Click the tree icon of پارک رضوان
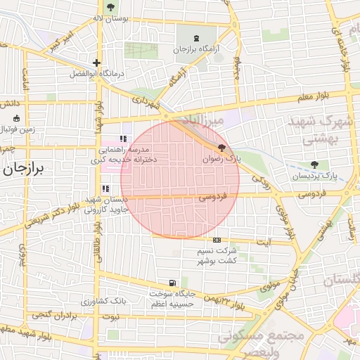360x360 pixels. [222, 148]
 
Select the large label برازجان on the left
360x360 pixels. [23, 169]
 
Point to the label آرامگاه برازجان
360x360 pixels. [193, 50]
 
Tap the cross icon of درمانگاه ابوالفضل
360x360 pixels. [97, 63]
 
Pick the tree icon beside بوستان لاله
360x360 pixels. [111, 6]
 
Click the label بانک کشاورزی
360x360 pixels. [103, 301]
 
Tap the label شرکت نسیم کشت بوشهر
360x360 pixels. [215, 256]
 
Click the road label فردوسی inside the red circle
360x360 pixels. [212, 198]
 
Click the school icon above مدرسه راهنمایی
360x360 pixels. [124, 139]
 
